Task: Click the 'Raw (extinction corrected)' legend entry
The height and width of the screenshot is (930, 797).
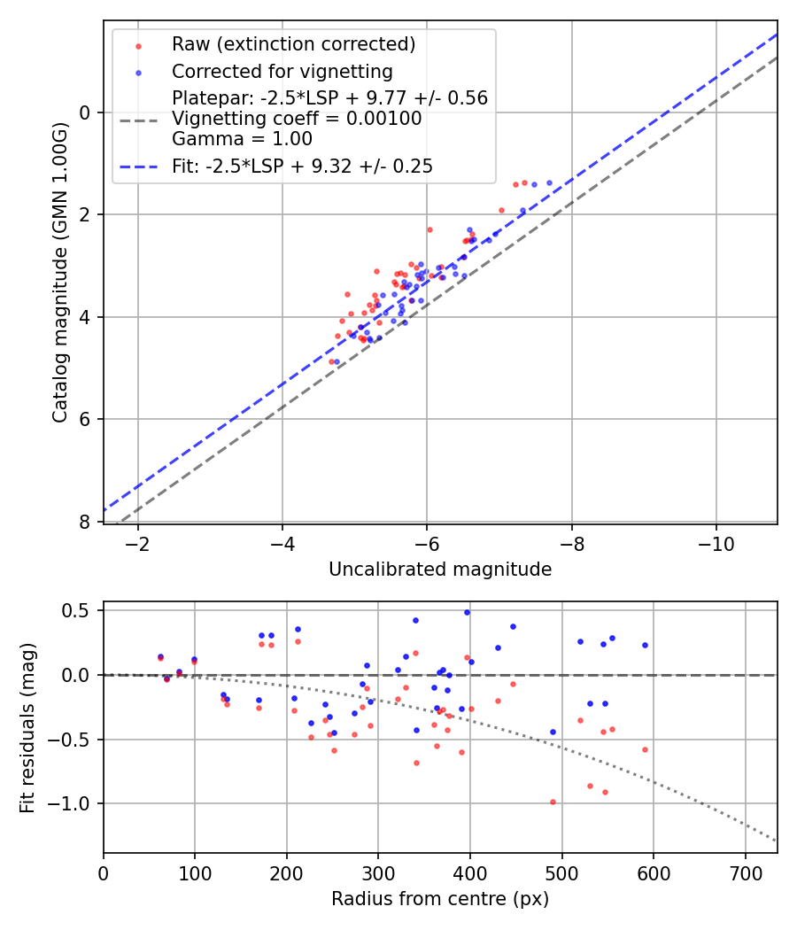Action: (293, 44)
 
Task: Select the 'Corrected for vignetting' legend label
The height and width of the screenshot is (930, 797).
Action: (282, 71)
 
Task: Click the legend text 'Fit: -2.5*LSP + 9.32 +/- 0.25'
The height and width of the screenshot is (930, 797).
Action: (302, 166)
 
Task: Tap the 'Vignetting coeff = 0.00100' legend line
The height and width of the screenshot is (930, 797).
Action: (297, 119)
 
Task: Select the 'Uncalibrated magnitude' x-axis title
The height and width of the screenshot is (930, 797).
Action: (440, 570)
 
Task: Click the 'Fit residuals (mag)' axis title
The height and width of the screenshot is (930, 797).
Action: (27, 728)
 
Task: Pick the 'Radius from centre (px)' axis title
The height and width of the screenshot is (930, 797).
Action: (440, 899)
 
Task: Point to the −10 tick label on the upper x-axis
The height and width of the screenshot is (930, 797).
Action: (716, 543)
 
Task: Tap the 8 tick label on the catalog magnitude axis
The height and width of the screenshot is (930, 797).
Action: (86, 522)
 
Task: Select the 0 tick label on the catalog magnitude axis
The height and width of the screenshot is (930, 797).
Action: (86, 112)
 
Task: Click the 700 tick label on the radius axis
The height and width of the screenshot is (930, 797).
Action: (745, 872)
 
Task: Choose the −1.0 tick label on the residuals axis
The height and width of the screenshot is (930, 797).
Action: (71, 803)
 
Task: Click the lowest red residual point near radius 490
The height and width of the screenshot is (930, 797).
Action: (553, 802)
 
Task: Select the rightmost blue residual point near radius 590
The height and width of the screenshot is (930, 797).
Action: (645, 645)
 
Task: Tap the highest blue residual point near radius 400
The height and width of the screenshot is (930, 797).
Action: (467, 612)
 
